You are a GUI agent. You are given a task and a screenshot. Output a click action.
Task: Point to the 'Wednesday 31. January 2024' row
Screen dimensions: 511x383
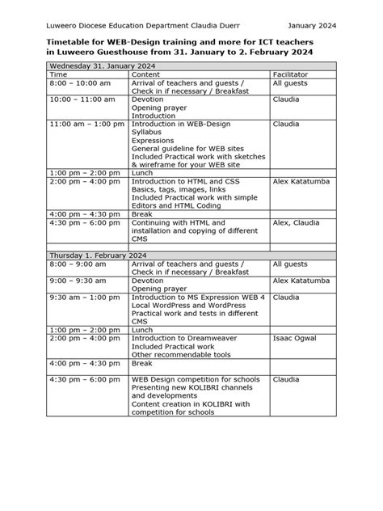tap(103, 64)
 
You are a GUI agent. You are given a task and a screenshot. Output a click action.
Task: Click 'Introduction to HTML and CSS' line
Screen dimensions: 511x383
tap(187, 182)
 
